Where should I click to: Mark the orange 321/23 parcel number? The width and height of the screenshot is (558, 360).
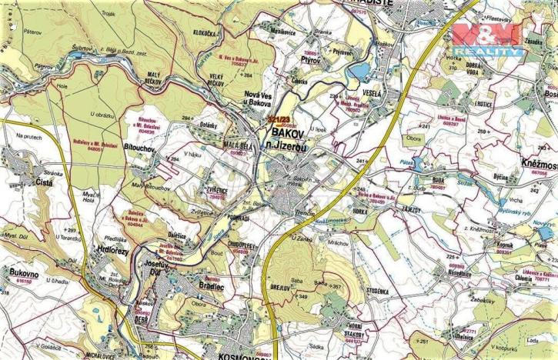click(279, 119)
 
